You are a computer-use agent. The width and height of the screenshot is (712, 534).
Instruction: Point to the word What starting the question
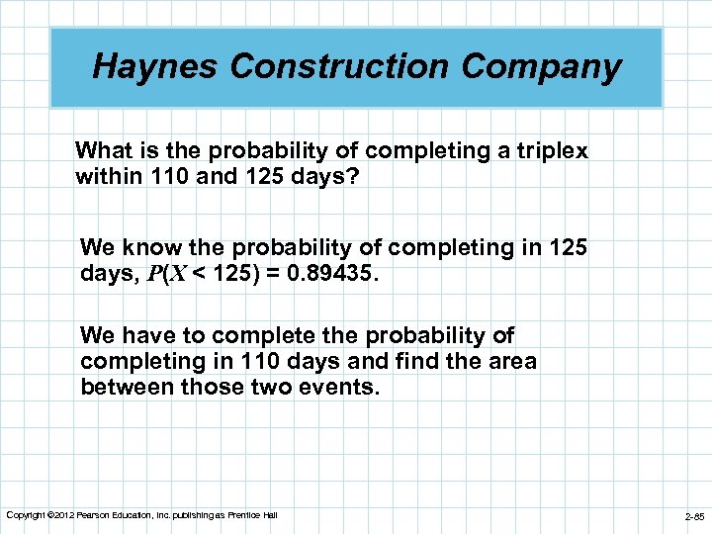pos(104,150)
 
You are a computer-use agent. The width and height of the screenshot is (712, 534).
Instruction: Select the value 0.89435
pos(329,272)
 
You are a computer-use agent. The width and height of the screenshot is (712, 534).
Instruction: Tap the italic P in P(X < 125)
pos(153,272)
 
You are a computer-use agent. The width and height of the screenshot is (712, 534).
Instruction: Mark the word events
pos(342,387)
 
